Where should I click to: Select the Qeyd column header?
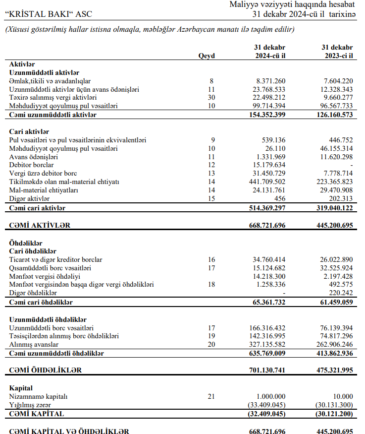(207, 56)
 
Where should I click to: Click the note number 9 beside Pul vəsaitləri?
(211, 140)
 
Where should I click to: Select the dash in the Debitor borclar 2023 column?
(351, 165)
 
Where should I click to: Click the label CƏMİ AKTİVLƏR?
(40, 226)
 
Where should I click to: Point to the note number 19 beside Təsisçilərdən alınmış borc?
(211, 336)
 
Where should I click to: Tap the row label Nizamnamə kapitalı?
(38, 396)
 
